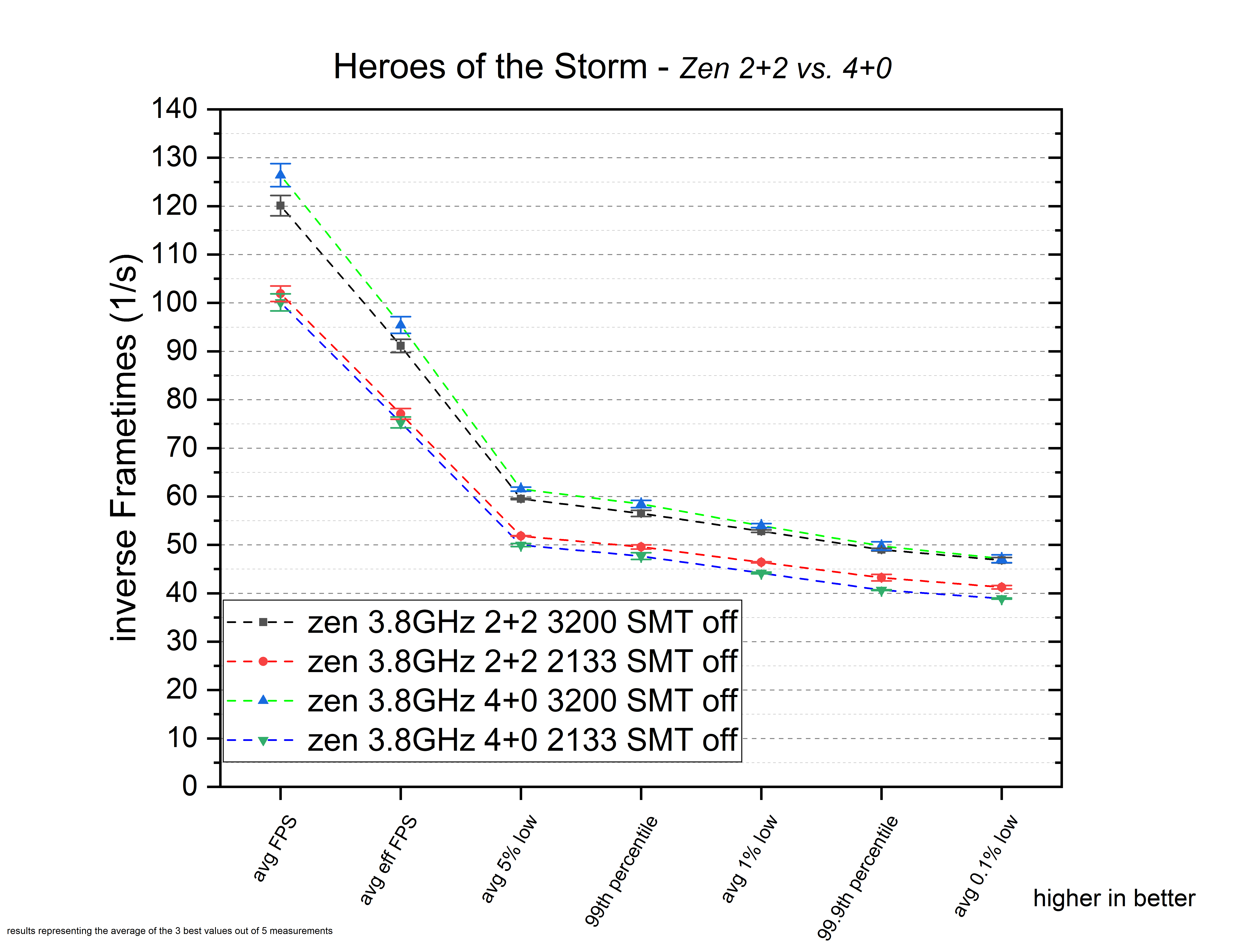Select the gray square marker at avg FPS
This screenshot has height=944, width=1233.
280,206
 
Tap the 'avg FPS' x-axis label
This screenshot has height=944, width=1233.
274,849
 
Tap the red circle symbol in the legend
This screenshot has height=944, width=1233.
263,661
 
